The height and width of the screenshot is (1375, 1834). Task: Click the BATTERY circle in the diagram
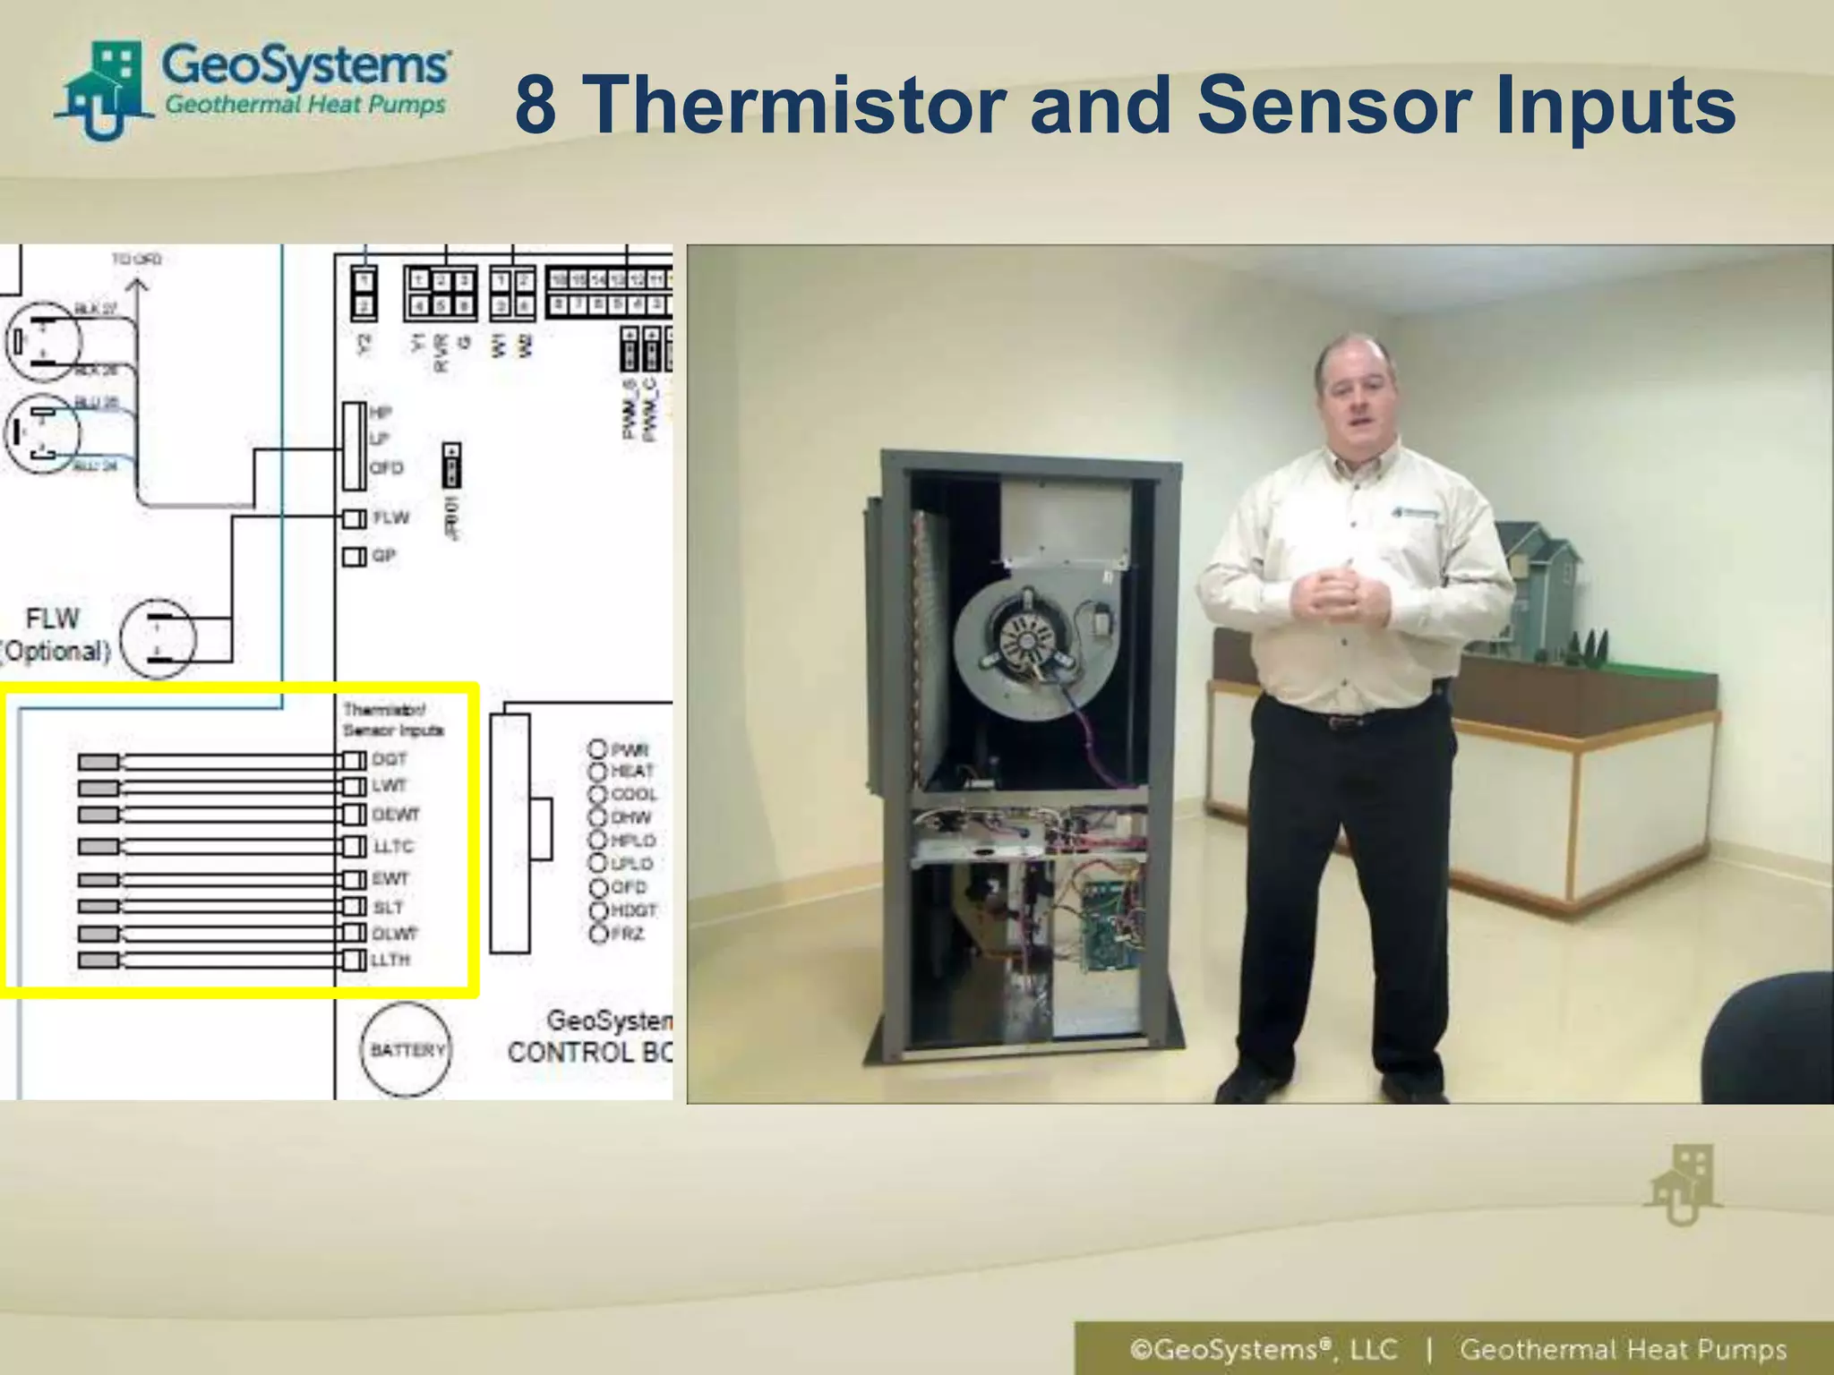pyautogui.click(x=406, y=1049)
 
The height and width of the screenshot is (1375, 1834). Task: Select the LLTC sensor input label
pyautogui.click(x=393, y=846)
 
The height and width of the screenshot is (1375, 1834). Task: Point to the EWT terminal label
pyautogui.click(x=390, y=878)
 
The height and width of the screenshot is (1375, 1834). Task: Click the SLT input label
pyautogui.click(x=389, y=907)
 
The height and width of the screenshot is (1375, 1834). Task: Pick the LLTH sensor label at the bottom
pyautogui.click(x=391, y=960)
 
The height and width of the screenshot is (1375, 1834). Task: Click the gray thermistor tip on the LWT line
pyautogui.click(x=99, y=788)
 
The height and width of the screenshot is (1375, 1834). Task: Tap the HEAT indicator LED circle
pyautogui.click(x=597, y=771)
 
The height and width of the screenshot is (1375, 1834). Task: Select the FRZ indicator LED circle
pyautogui.click(x=597, y=934)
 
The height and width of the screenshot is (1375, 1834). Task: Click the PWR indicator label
pyautogui.click(x=630, y=749)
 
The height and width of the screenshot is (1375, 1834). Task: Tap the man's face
pyautogui.click(x=1356, y=396)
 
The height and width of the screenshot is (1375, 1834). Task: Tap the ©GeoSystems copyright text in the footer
pyautogui.click(x=1263, y=1349)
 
